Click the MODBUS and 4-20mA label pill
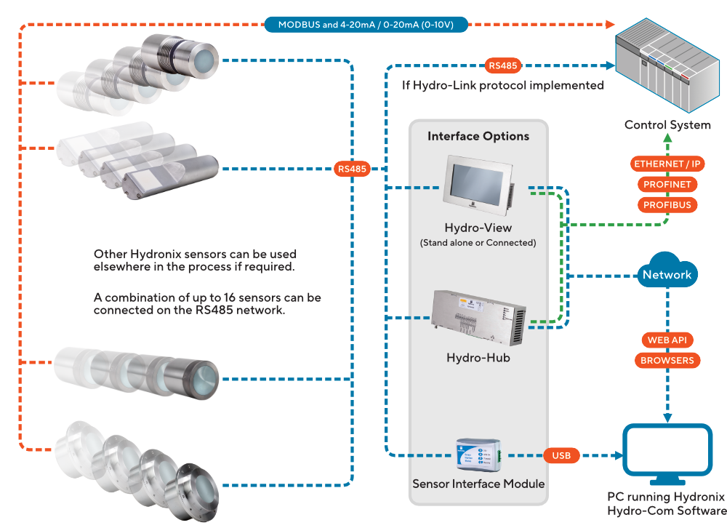pos(366,25)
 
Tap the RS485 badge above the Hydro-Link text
pos(502,65)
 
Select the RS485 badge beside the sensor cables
pos(352,169)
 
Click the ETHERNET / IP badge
pos(667,164)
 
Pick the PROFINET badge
pos(667,184)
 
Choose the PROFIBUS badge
pos(667,204)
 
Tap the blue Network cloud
pos(667,271)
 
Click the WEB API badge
pos(667,340)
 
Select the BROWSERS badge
pos(667,361)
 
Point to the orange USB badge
pos(561,455)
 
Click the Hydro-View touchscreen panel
pos(478,186)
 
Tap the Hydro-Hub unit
pos(479,318)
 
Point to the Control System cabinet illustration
pos(667,65)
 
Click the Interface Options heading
pos(478,136)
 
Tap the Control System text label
pos(667,125)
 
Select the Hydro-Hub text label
pos(478,358)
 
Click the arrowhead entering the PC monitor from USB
pos(619,455)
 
